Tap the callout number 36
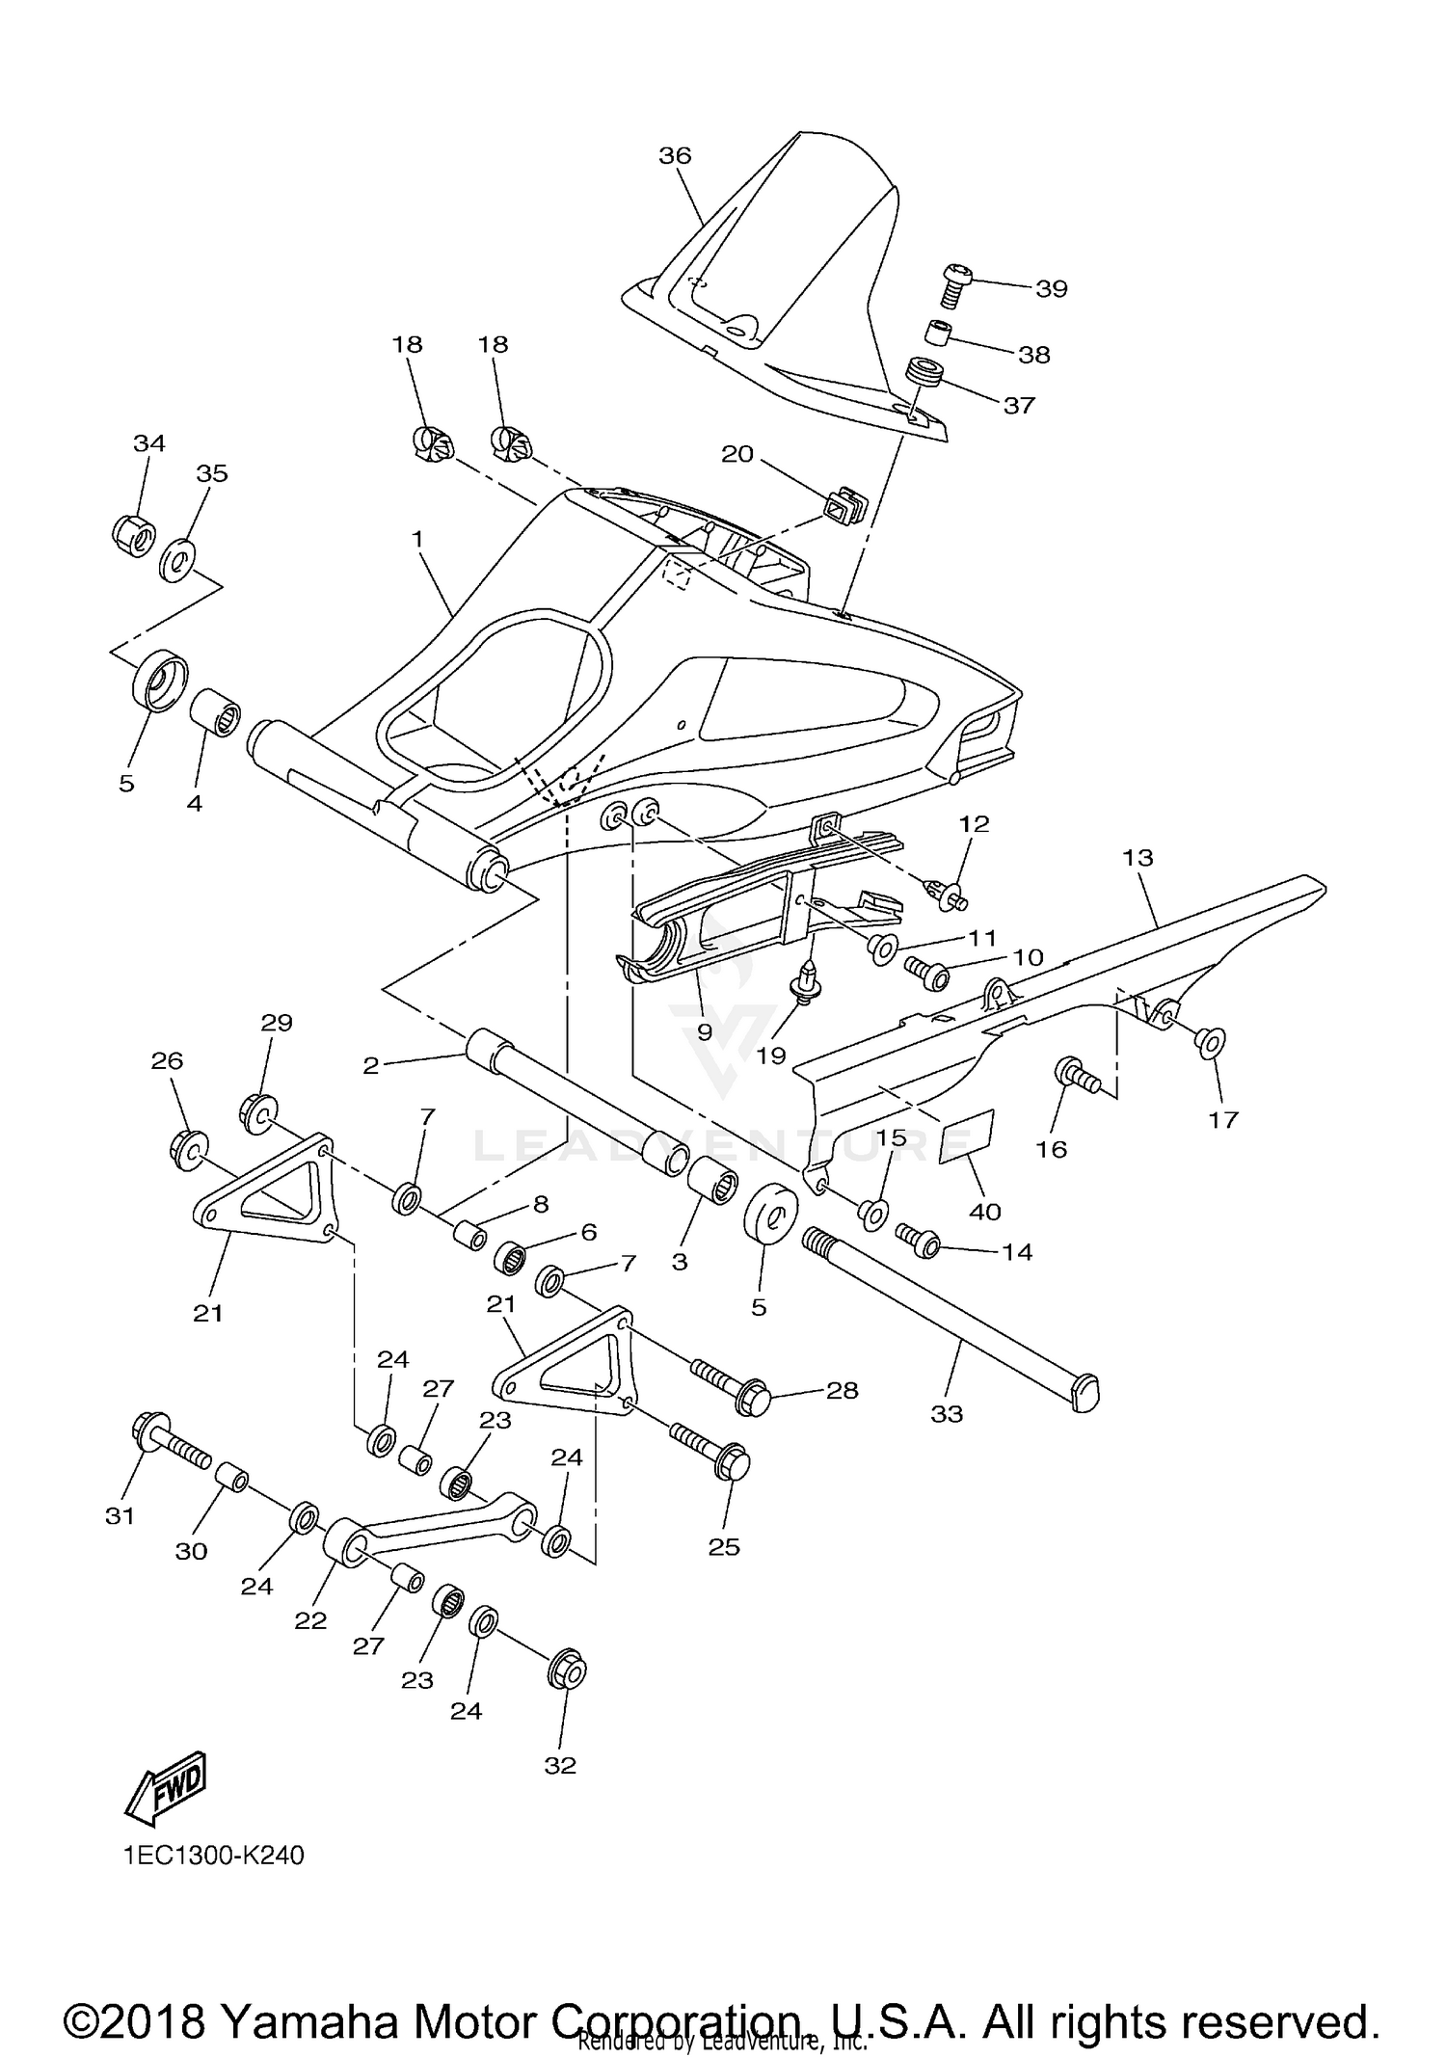675,155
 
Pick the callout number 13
1138,857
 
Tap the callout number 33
947,1414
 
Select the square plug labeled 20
843,508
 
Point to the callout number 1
416,539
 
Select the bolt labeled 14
922,1242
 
